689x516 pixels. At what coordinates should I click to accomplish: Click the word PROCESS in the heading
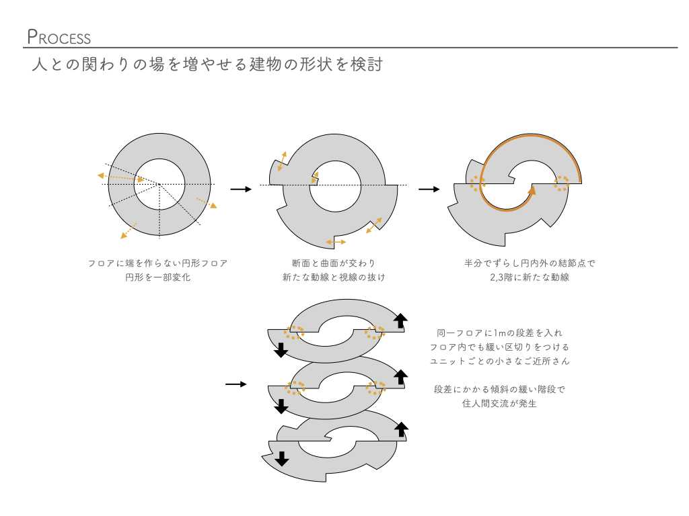click(59, 37)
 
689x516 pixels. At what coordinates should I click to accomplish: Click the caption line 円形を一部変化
click(157, 277)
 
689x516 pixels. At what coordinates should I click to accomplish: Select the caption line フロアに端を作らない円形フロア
click(157, 263)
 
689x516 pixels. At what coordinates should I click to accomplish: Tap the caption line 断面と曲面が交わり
click(334, 263)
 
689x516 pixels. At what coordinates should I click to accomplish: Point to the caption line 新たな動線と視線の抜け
click(334, 277)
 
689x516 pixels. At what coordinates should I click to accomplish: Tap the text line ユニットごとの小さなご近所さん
click(499, 361)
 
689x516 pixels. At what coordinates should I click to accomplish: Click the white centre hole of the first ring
click(159, 184)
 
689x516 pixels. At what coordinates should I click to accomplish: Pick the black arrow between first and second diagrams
click(240, 189)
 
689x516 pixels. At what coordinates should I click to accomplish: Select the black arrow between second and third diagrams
click(429, 189)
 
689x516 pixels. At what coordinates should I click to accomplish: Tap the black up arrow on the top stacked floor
click(400, 321)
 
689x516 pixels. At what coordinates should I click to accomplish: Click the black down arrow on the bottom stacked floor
click(282, 459)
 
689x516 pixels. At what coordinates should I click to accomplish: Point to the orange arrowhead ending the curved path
click(532, 190)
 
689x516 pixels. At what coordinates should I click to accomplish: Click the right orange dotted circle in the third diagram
click(560, 183)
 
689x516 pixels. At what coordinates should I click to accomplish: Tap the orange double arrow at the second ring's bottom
click(335, 241)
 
